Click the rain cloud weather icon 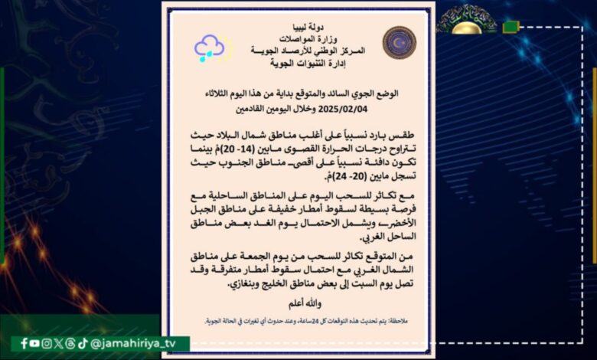click(x=209, y=47)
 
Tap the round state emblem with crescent click(x=399, y=43)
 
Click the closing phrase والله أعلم click(x=298, y=304)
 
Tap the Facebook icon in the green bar click(x=24, y=344)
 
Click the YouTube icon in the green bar click(x=36, y=344)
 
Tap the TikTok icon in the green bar click(x=83, y=344)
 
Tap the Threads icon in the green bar click(x=70, y=344)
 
